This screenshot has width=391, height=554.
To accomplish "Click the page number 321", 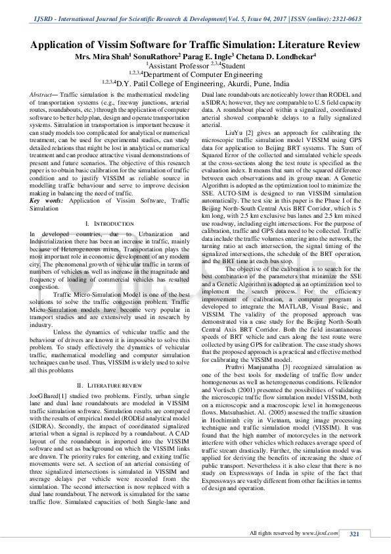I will [354, 534].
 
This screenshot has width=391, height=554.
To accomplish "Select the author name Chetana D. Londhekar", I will [275, 57].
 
